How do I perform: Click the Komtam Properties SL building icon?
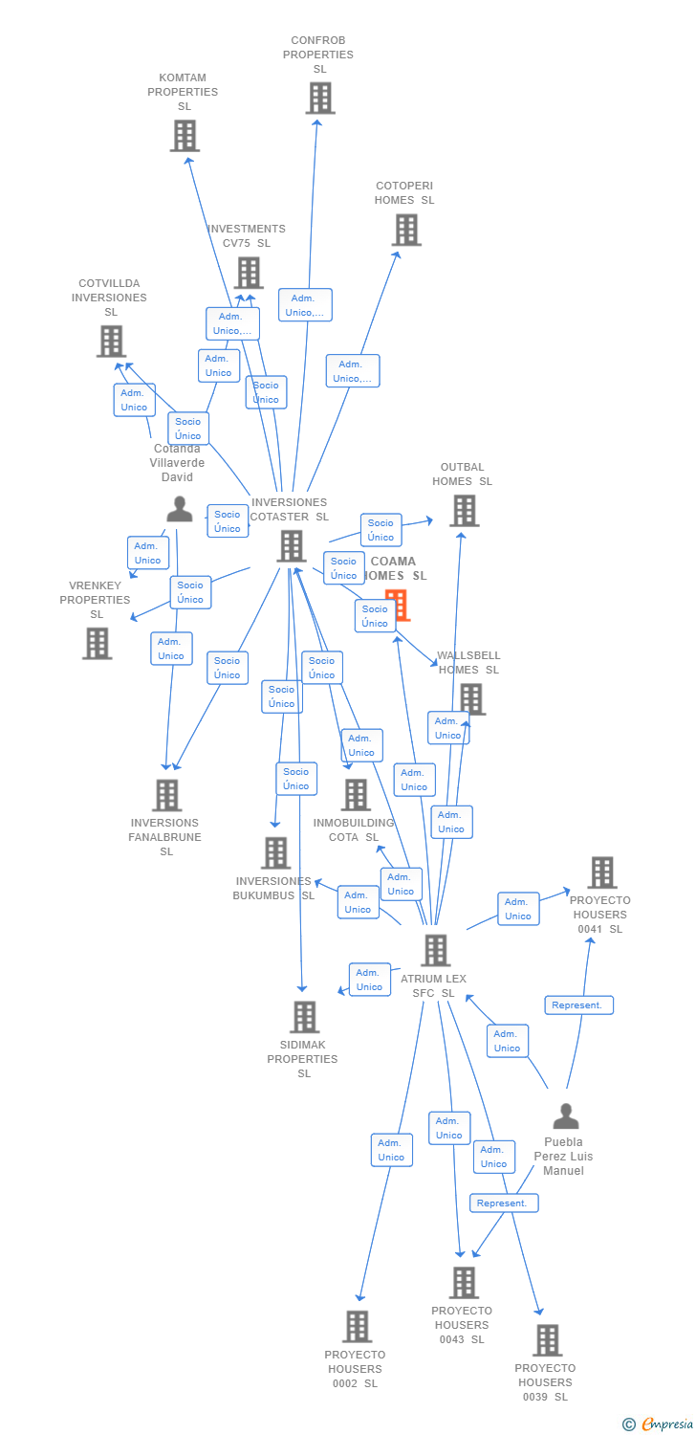coord(185,136)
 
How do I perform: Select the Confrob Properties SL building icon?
coord(320,98)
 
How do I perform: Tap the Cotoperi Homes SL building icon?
coord(406,230)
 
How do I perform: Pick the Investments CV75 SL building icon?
coord(249,273)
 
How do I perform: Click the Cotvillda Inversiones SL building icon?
coord(111,341)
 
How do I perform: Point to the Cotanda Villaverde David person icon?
coord(180,509)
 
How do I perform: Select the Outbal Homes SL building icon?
coord(464,511)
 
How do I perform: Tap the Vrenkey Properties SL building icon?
coord(97,643)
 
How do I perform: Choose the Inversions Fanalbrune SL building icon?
coord(167,795)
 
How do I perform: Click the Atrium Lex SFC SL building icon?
coord(436,950)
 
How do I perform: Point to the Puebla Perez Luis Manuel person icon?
coord(566,1115)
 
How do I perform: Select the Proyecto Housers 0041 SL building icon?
coord(602,872)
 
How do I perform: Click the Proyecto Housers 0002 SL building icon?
coord(358,1327)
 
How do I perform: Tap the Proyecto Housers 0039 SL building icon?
coord(547,1340)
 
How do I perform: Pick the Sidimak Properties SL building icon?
coord(304,1017)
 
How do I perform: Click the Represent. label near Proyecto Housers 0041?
coord(578,1005)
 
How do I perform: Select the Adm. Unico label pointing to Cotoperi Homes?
coord(352,371)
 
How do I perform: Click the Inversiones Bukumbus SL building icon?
coord(275,852)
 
